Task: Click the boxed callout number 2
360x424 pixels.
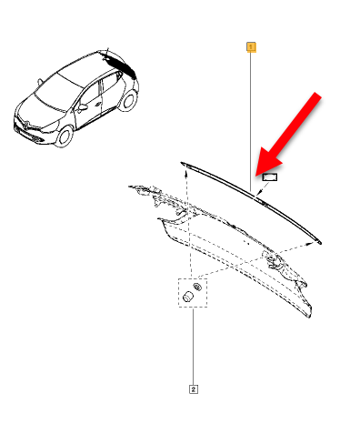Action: coord(193,389)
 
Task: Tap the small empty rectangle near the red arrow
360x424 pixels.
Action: coord(268,179)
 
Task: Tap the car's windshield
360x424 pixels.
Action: coord(55,90)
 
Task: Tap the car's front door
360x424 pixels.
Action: coord(91,110)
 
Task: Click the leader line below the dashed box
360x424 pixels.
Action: coord(193,346)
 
